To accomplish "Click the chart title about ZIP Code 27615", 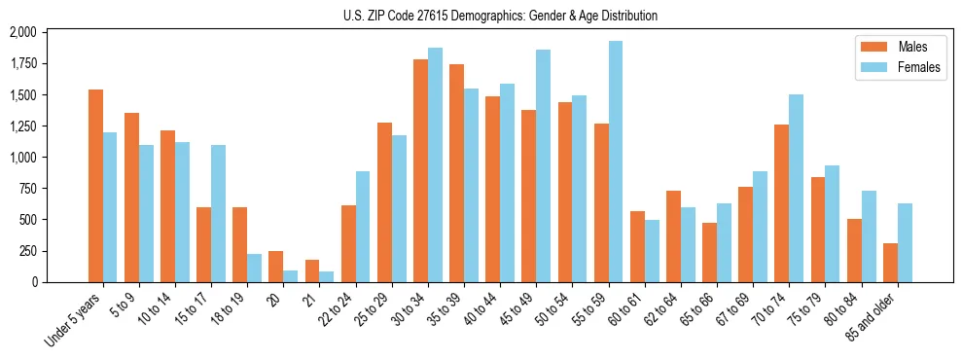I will point(500,16).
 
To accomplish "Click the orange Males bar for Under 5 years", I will point(95,186).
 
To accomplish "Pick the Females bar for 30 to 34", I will point(435,164).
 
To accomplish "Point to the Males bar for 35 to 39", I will point(456,173).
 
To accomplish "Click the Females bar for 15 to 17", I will point(218,213).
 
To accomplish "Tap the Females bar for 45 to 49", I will point(543,165).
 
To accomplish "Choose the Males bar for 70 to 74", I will point(781,203).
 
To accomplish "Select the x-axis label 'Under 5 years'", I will point(73,320).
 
